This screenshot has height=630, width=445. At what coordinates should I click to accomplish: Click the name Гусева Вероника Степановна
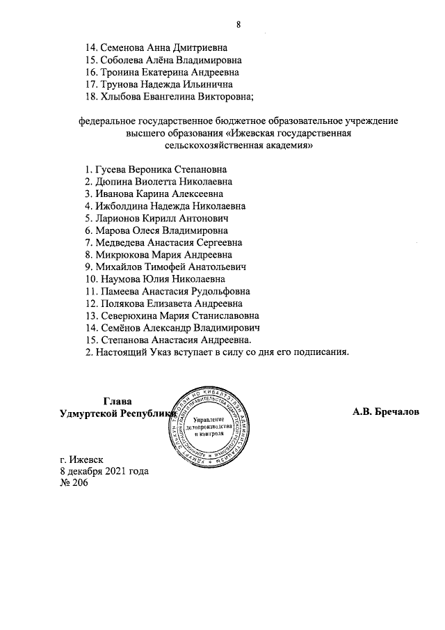coord(162,169)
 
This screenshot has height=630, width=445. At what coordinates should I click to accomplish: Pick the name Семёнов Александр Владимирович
coord(171,327)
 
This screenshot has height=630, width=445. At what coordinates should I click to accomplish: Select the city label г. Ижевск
coord(82,459)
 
